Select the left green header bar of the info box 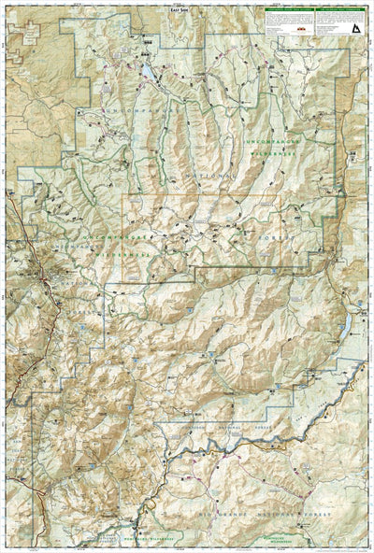(289, 11)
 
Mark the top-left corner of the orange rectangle (125, 197)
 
